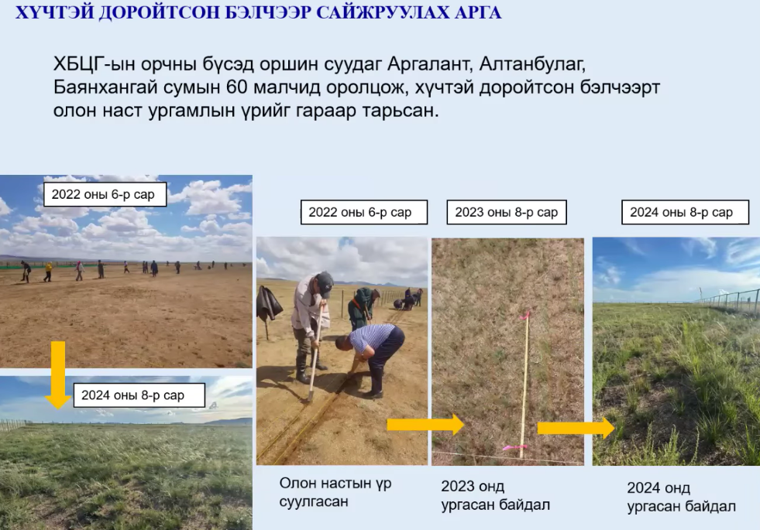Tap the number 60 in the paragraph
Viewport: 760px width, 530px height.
[237, 87]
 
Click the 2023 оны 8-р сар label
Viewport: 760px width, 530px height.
[507, 212]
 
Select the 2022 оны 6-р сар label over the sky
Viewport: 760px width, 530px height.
[105, 194]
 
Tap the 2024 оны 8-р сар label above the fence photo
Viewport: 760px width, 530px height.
[685, 212]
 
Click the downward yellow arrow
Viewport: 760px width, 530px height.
[58, 374]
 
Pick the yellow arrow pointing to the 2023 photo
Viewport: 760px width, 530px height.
[425, 425]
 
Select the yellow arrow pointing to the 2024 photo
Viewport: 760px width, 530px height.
[576, 428]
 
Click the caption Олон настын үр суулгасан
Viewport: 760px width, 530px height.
[335, 492]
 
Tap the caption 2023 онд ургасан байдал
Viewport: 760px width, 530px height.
[495, 495]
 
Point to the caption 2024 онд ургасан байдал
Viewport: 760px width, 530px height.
[682, 497]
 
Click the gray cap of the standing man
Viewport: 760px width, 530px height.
[325, 282]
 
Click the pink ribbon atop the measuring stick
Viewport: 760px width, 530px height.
[524, 316]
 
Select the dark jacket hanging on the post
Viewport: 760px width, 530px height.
[269, 302]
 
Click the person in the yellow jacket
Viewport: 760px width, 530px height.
[48, 271]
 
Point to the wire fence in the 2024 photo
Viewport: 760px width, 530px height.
[727, 299]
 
